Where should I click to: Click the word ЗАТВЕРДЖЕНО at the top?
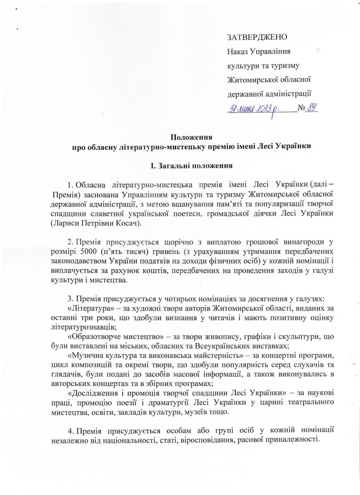click(x=257, y=37)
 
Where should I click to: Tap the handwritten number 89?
click(x=311, y=108)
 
